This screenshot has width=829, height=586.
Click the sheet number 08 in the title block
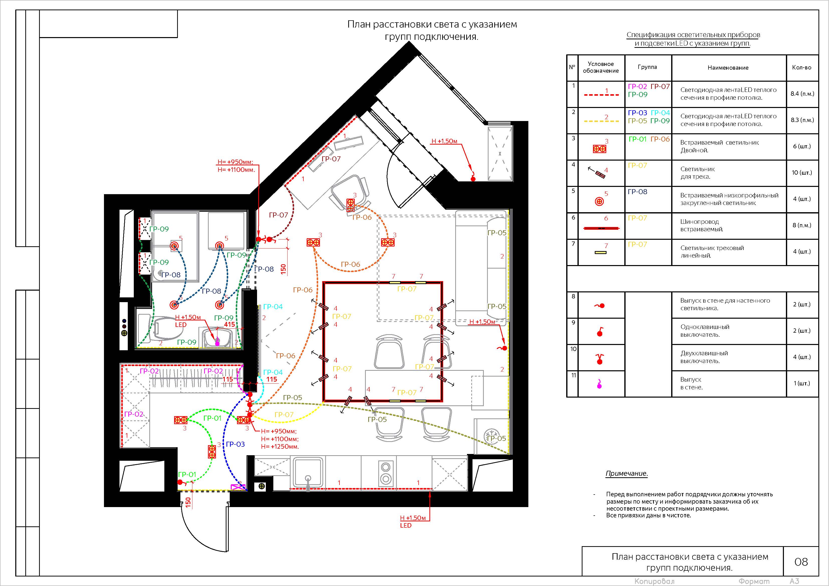801,562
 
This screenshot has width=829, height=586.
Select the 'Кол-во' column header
801,67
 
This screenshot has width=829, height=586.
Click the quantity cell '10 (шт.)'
802,173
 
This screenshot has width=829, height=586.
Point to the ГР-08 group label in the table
638,192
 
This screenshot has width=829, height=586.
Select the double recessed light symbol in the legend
600,148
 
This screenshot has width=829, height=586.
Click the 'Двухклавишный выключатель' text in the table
704,357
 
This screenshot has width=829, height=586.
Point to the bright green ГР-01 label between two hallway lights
212,418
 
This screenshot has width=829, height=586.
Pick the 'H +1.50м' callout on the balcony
444,141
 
